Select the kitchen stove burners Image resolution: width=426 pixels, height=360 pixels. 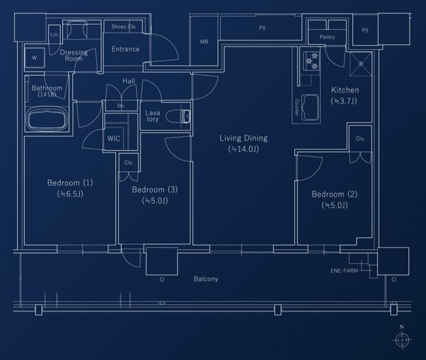coord(311,61)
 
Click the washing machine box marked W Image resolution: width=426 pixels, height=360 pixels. coord(34,58)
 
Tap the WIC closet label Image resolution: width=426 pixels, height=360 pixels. coord(114,139)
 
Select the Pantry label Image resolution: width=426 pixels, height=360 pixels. coord(327,37)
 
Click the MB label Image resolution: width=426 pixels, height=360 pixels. coord(204,41)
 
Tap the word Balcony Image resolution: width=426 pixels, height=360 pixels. coord(206,279)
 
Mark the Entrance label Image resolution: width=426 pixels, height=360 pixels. coord(125,49)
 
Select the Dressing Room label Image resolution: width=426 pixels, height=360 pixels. coord(74,55)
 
